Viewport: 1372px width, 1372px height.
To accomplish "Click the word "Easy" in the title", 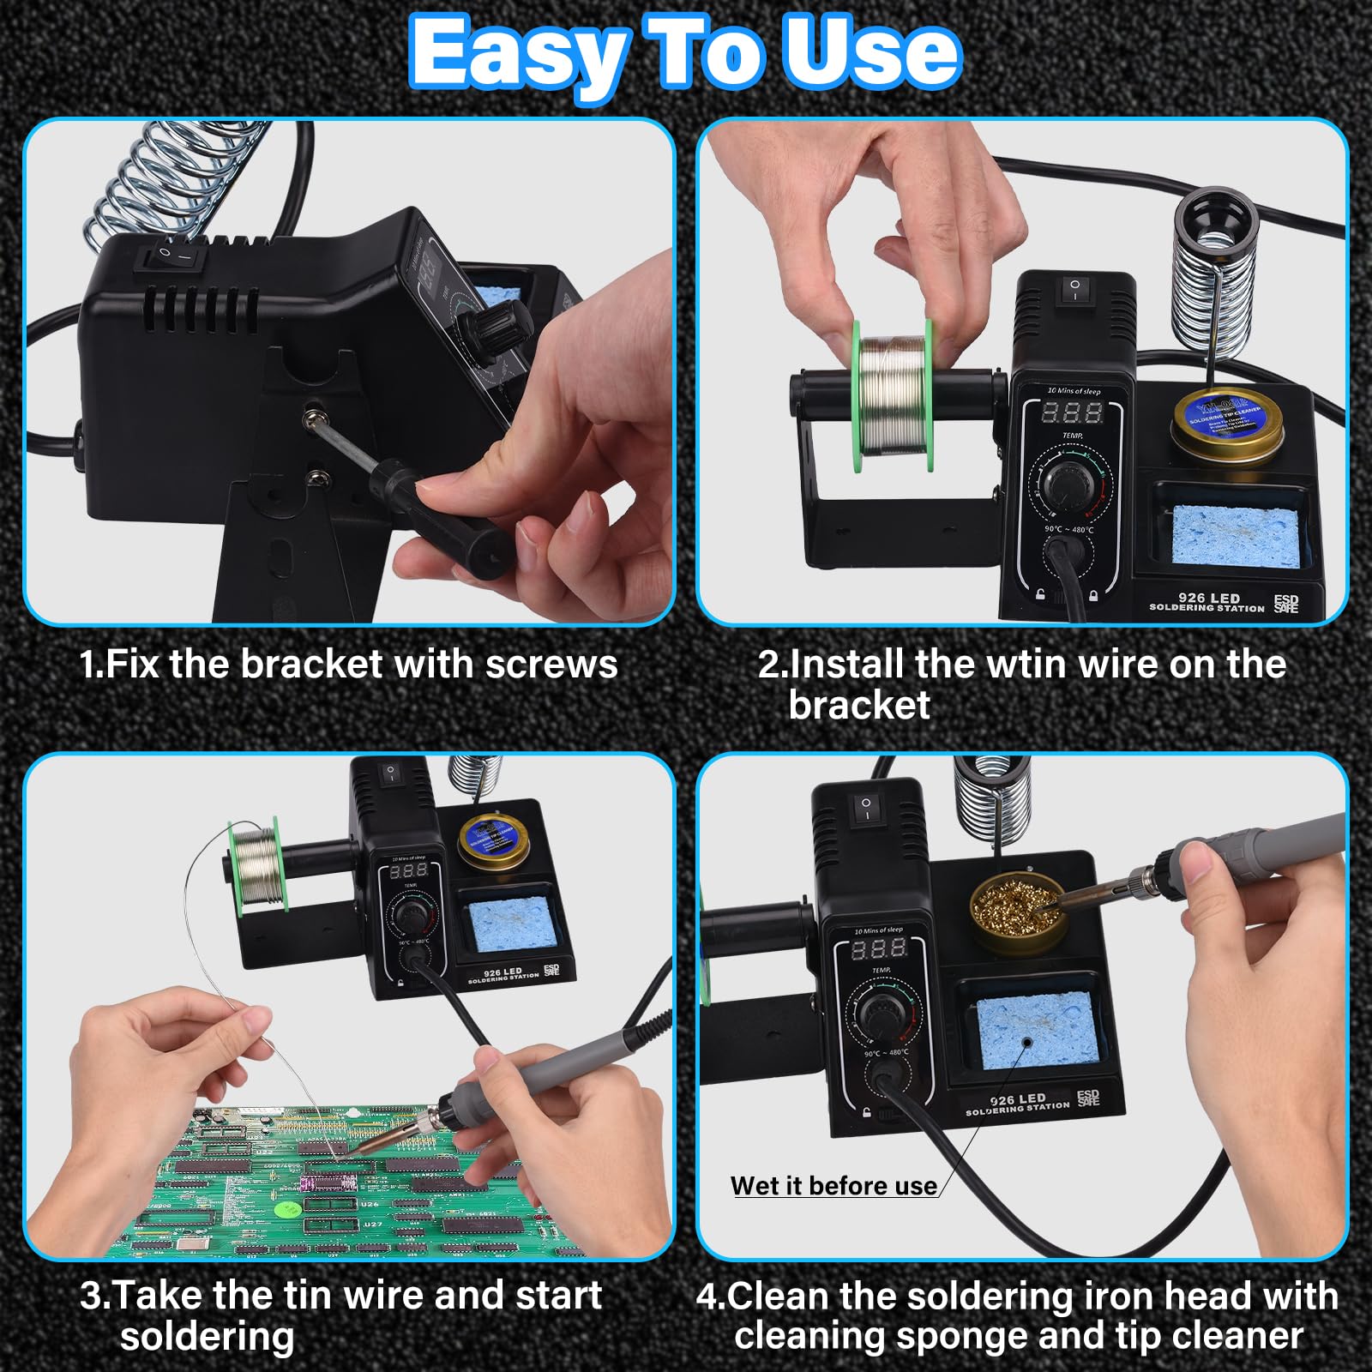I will pos(520,53).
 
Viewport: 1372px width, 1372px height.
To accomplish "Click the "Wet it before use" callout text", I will pos(833,1186).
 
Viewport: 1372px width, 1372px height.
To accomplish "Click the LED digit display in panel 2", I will pos(1071,413).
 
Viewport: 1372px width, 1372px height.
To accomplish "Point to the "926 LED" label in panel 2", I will pos(1208,598).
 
